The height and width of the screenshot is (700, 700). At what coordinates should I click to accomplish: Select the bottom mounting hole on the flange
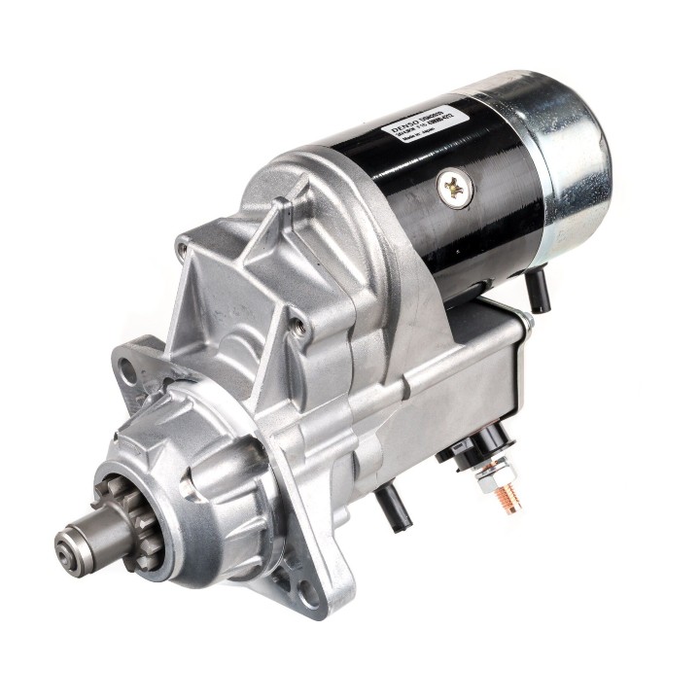tap(307, 593)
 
